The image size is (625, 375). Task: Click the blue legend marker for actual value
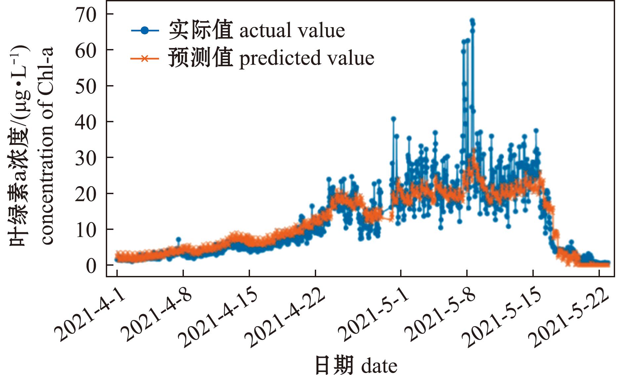(145, 30)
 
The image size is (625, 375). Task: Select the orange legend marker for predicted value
(145, 59)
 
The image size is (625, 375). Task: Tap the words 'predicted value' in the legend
(307, 59)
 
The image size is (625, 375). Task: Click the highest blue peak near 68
(472, 21)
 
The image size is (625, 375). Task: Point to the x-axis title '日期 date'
(356, 365)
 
